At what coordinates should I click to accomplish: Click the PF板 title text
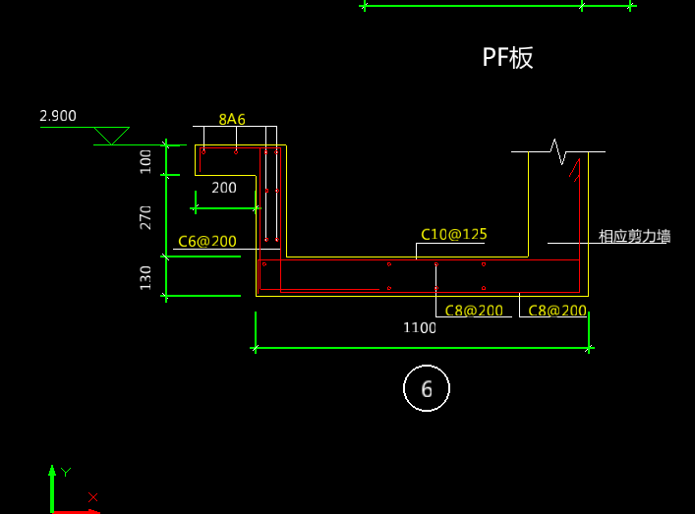(507, 58)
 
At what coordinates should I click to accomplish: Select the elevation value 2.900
(58, 116)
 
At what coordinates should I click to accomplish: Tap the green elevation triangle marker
(112, 136)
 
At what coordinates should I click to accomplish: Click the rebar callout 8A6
(232, 119)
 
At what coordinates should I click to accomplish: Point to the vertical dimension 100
(145, 162)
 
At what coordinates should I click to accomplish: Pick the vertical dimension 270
(145, 217)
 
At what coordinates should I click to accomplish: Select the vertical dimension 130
(145, 278)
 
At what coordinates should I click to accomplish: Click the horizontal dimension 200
(224, 188)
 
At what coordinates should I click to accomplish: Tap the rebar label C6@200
(207, 242)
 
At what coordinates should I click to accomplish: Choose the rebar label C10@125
(454, 235)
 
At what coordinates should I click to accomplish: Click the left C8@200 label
(474, 311)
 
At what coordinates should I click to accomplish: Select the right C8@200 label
(557, 311)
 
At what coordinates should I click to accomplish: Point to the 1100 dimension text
(420, 328)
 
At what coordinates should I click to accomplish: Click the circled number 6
(427, 389)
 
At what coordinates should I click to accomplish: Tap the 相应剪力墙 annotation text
(634, 236)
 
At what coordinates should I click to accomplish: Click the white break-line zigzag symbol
(558, 151)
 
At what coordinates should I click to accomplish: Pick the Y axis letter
(66, 473)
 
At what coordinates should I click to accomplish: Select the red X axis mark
(93, 497)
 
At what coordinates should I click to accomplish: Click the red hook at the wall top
(575, 170)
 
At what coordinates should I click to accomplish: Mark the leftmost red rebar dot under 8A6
(203, 152)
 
